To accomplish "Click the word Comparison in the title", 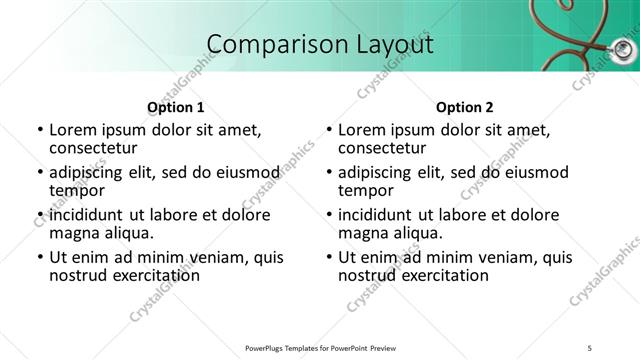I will click(264, 45).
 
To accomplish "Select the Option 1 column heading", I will click(175, 107).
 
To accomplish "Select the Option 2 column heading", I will click(464, 107).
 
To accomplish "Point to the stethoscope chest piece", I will click(623, 48).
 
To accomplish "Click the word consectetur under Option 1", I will click(94, 147).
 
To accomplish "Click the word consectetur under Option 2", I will click(383, 147).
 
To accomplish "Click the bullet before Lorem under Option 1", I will click(39, 130).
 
